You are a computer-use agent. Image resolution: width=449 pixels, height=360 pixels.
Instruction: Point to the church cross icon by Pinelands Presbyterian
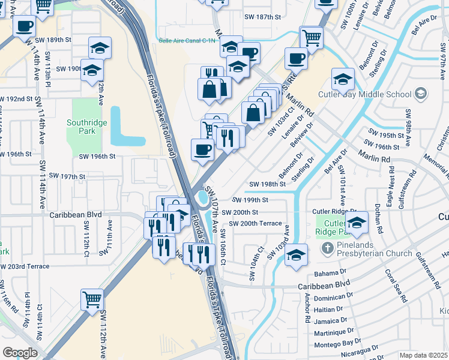(327, 248)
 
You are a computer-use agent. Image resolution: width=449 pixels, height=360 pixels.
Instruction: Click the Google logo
(20, 353)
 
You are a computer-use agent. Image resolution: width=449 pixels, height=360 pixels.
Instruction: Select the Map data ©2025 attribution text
(423, 355)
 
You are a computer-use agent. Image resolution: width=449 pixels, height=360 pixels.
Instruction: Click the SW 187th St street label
(262, 17)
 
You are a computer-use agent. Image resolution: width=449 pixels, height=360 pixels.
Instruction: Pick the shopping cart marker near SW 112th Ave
(92, 298)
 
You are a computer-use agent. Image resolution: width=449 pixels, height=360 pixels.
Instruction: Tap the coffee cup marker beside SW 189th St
(25, 26)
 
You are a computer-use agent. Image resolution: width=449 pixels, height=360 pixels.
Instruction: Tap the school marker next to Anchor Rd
(296, 255)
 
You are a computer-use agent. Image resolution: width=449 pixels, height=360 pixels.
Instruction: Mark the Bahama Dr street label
(331, 273)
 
